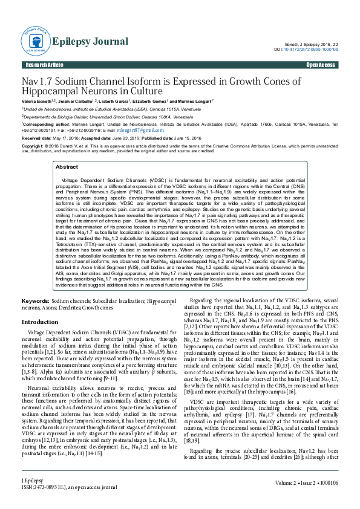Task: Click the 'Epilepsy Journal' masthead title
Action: pyautogui.click(x=90, y=41)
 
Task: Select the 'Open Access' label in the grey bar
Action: pyautogui.click(x=321, y=65)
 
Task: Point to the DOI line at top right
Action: pyautogui.click(x=306, y=50)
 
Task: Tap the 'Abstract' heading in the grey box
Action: pyautogui.click(x=67, y=166)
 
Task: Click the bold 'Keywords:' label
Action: pyautogui.click(x=35, y=300)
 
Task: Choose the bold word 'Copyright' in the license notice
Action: pyautogui.click(x=33, y=146)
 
